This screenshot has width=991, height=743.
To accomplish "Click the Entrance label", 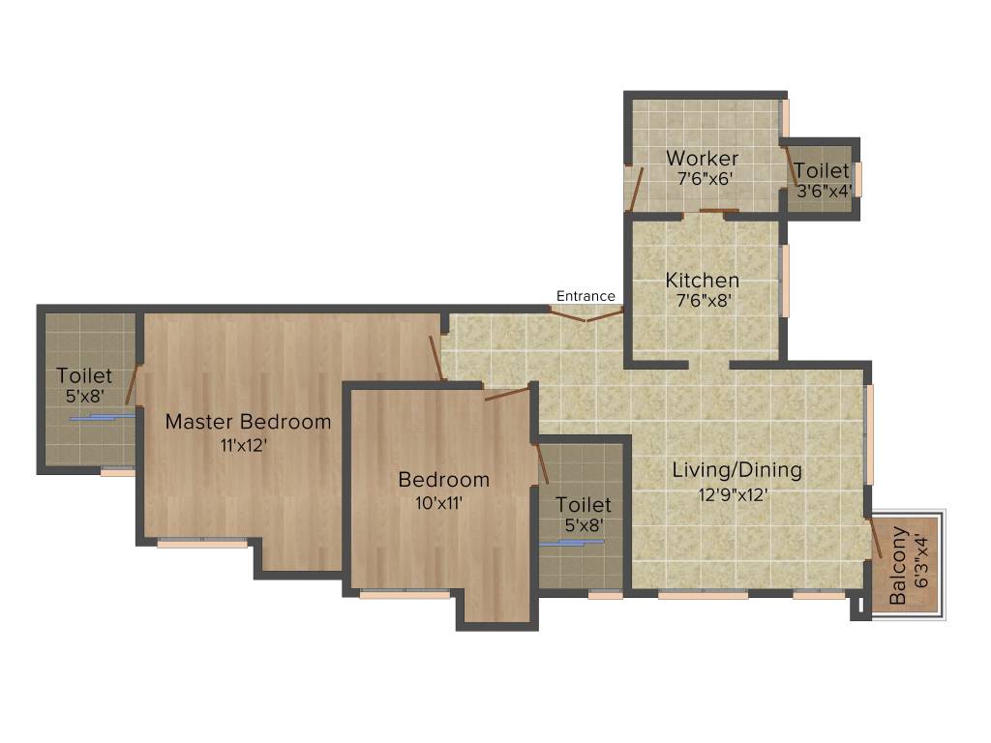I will pyautogui.click(x=586, y=296).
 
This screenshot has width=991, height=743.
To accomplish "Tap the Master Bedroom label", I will pyautogui.click(x=248, y=422).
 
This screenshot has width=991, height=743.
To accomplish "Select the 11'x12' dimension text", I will pyautogui.click(x=243, y=446).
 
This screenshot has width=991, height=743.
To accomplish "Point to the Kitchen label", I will pyautogui.click(x=703, y=281).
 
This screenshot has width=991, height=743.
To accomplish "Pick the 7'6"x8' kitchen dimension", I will pyautogui.click(x=704, y=301).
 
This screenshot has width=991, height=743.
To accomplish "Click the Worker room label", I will pyautogui.click(x=702, y=158).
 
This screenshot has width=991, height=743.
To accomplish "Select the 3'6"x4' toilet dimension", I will pyautogui.click(x=824, y=191).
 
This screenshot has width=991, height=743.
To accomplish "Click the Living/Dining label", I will pyautogui.click(x=737, y=470).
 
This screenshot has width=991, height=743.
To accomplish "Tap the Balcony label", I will pyautogui.click(x=898, y=565).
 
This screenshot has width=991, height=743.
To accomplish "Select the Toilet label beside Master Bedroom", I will pyautogui.click(x=84, y=375).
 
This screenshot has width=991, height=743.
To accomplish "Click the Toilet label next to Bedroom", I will pyautogui.click(x=584, y=505).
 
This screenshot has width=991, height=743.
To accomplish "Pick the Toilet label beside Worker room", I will pyautogui.click(x=822, y=171).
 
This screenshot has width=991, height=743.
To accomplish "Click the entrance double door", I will pyautogui.click(x=586, y=313).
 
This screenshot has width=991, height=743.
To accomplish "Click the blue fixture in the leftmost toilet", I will pyautogui.click(x=102, y=417).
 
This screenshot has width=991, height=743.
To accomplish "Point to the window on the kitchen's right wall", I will pyautogui.click(x=785, y=281).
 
